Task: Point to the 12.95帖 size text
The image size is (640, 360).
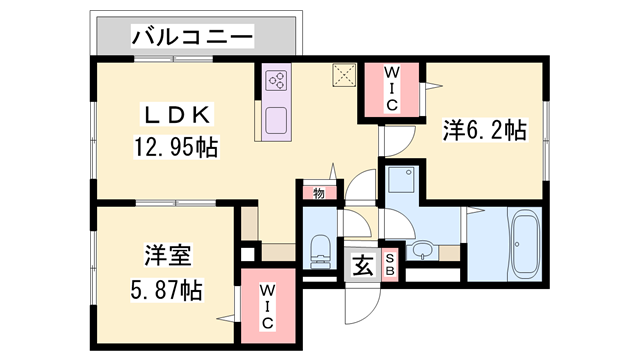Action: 176,149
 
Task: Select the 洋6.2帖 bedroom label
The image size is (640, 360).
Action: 484,131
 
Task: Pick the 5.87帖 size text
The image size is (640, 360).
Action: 165,291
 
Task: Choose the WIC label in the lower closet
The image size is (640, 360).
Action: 268,308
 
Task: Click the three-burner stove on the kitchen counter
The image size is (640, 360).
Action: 277,81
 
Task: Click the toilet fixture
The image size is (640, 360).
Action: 320,249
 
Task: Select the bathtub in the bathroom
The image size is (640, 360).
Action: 524,244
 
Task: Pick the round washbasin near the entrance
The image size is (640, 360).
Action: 422,249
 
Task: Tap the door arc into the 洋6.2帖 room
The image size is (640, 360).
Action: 398,144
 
